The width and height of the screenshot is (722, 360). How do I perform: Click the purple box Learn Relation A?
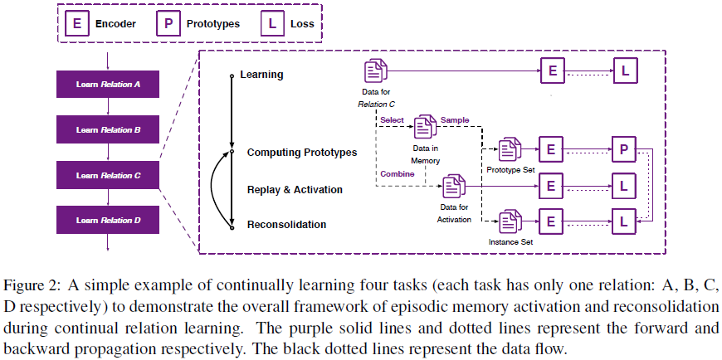click(x=108, y=85)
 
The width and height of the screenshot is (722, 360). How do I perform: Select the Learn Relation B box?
click(x=108, y=130)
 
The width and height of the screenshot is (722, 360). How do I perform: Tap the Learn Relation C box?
click(x=108, y=176)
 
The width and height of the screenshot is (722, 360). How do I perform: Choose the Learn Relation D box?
click(x=108, y=221)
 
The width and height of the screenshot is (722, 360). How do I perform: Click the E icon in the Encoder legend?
click(x=77, y=25)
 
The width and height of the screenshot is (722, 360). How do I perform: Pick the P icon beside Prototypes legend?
click(x=167, y=25)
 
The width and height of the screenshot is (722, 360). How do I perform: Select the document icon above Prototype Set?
click(x=510, y=149)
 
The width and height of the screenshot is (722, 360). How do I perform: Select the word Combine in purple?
click(x=398, y=174)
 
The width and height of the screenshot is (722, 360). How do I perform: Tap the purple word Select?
click(x=392, y=120)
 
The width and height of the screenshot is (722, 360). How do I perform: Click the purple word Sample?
click(x=455, y=120)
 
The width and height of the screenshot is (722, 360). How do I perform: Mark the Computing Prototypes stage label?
click(x=302, y=153)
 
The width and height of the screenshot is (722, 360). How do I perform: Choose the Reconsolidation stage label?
click(x=286, y=224)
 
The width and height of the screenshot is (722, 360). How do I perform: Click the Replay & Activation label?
click(x=295, y=190)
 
